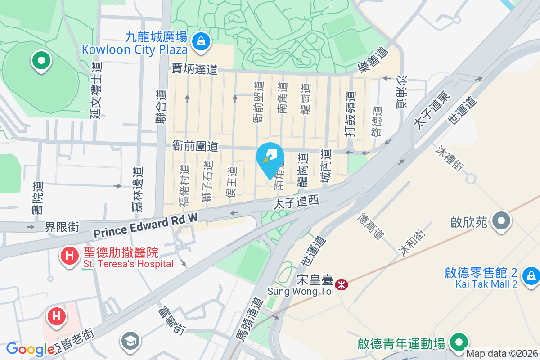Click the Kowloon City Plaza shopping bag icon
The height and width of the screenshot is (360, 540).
(x=199, y=42)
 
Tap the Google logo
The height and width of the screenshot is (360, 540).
(x=30, y=349)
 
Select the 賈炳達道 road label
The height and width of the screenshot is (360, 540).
(x=194, y=69)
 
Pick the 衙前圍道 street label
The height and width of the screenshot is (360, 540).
(x=195, y=146)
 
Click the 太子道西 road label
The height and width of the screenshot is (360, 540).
(x=296, y=202)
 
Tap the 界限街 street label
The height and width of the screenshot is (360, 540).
(x=62, y=227)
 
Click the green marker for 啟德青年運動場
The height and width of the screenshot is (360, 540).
(x=459, y=342)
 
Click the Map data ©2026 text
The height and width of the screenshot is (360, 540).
(x=502, y=354)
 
